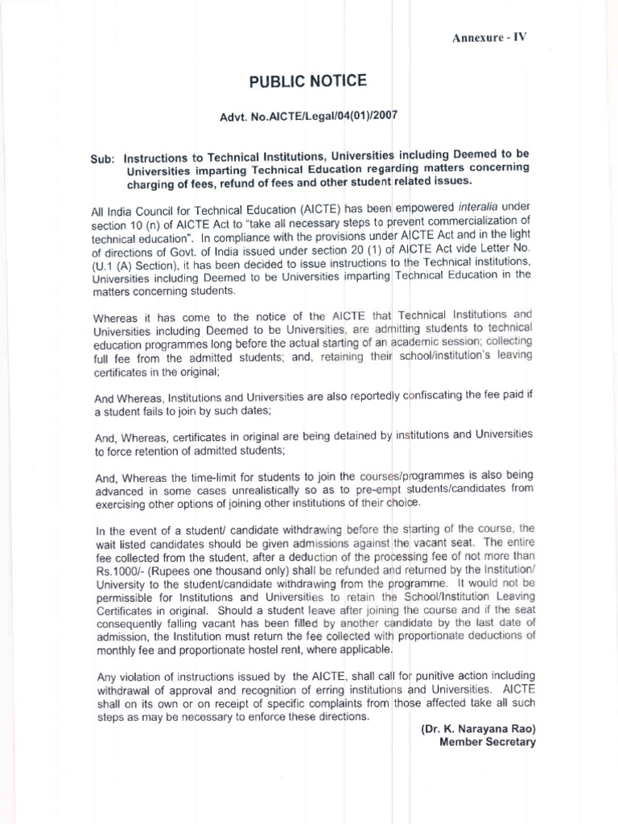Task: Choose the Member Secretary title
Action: click(487, 742)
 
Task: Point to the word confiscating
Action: click(440, 397)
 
